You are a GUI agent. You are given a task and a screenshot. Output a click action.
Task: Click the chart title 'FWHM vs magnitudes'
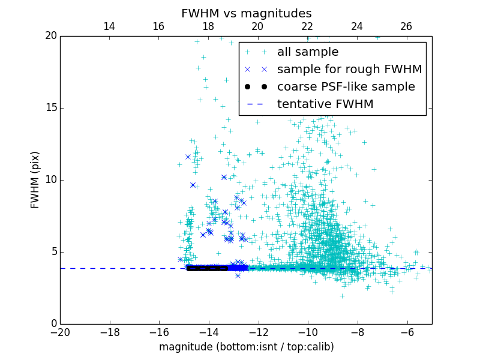pyautogui.click(x=246, y=13)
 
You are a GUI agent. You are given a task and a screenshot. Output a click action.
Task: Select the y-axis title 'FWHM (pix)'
pyautogui.click(x=35, y=180)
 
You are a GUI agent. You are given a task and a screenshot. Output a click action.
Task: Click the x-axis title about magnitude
pyautogui.click(x=246, y=347)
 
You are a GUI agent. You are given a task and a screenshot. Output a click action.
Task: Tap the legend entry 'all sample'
pyautogui.click(x=308, y=52)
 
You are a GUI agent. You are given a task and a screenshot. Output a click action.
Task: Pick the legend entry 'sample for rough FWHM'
pyautogui.click(x=349, y=70)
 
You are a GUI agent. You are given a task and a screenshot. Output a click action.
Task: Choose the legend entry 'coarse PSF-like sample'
pyautogui.click(x=346, y=87)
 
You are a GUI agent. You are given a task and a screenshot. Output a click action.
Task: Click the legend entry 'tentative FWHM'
pyautogui.click(x=325, y=104)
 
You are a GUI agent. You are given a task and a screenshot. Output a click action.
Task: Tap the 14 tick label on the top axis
pyautogui.click(x=109, y=26)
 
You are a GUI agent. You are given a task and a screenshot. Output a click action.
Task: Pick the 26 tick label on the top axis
pyautogui.click(x=406, y=26)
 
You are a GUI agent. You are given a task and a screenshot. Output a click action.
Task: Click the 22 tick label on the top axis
pyautogui.click(x=307, y=26)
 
